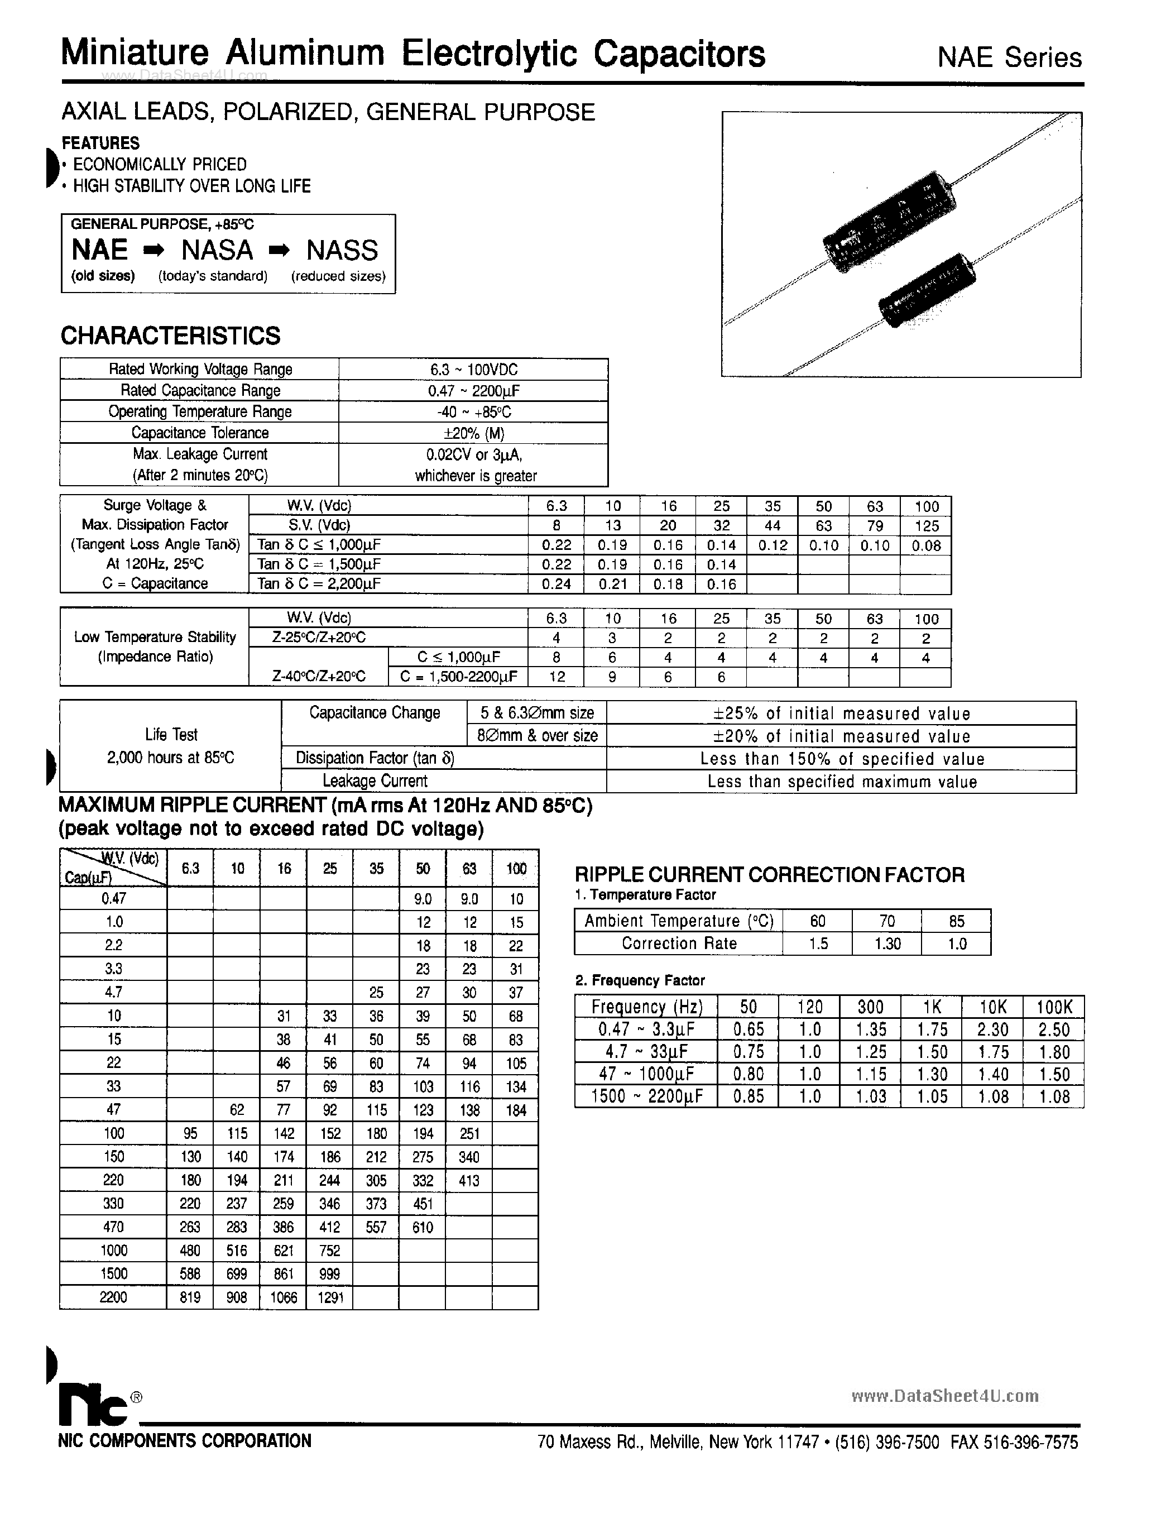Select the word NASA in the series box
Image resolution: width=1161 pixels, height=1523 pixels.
(x=217, y=250)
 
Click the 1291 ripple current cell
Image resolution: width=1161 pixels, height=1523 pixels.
(x=330, y=1297)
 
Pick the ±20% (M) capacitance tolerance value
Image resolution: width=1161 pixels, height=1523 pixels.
(x=473, y=433)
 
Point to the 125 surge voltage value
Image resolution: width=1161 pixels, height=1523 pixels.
(x=926, y=525)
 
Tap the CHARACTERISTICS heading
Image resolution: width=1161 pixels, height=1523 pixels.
(x=171, y=336)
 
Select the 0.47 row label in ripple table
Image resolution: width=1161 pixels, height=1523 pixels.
(x=113, y=898)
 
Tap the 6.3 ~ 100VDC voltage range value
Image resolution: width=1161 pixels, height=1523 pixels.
(x=473, y=370)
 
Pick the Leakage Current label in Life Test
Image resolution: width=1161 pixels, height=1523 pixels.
(x=375, y=782)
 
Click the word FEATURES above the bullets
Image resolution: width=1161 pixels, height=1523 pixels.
(x=101, y=143)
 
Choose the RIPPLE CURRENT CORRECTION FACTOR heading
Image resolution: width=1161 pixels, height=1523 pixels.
(x=769, y=875)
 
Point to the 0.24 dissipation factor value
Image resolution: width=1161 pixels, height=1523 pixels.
(x=556, y=584)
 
